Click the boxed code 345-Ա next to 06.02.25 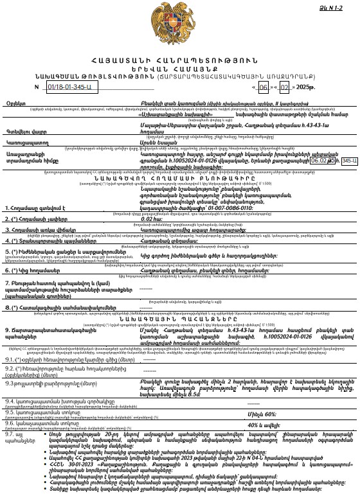(349, 160)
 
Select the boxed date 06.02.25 (325, 160)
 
